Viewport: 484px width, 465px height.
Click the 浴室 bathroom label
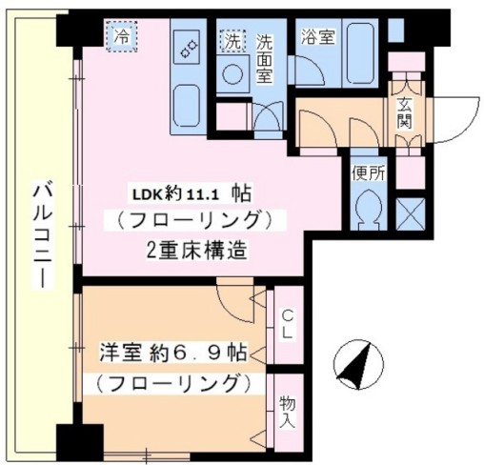click(318, 38)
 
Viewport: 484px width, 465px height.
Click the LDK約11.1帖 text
click(191, 192)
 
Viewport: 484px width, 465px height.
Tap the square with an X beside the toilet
click(410, 210)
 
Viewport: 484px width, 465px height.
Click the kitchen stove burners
click(187, 45)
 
